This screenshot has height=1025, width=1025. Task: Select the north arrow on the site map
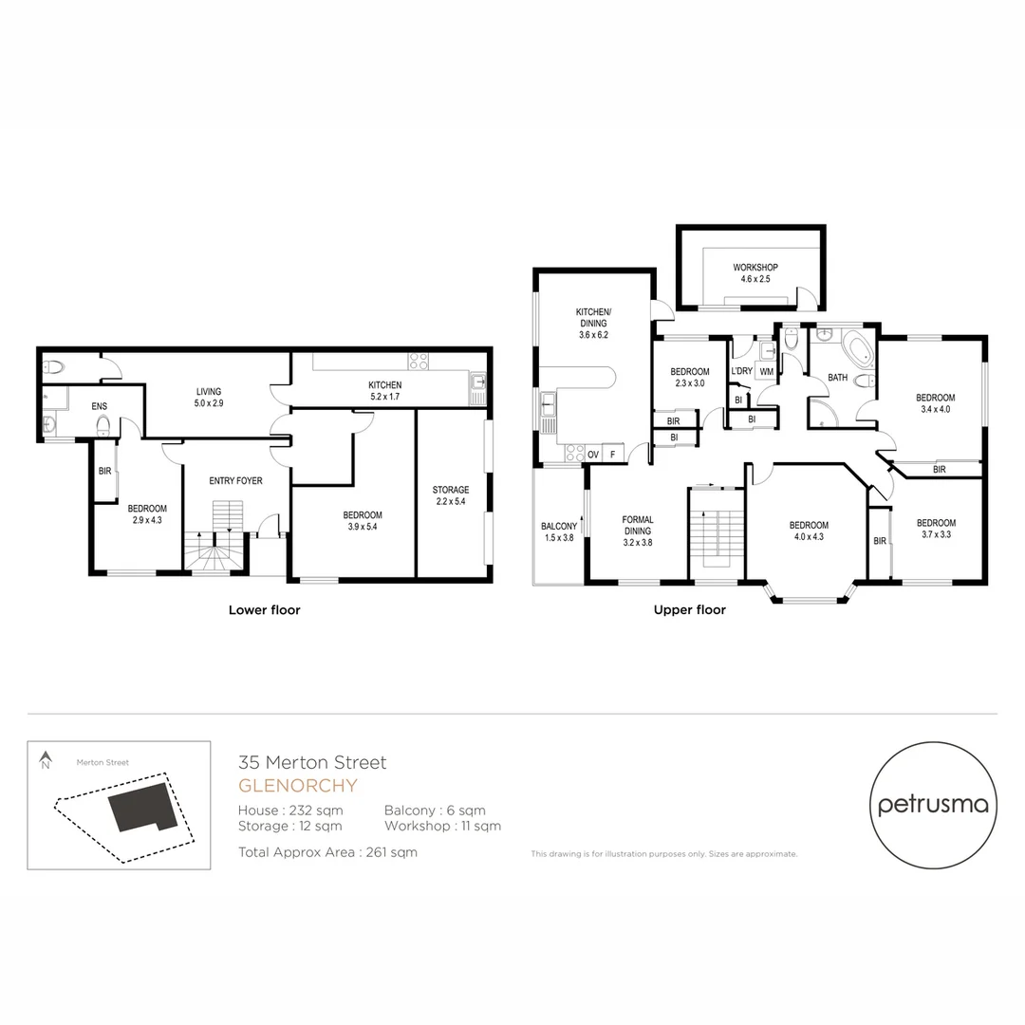click(x=44, y=760)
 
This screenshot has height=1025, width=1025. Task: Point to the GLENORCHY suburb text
click(x=298, y=786)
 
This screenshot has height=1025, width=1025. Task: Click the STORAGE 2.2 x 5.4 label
click(x=451, y=495)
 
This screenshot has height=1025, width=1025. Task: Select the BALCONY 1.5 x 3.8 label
click(x=559, y=532)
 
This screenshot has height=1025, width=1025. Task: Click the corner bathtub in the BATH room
click(x=859, y=350)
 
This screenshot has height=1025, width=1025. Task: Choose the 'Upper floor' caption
click(x=689, y=610)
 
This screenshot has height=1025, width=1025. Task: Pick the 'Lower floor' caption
click(x=264, y=610)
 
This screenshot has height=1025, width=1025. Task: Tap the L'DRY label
click(x=741, y=371)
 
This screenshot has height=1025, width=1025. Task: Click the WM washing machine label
click(x=765, y=371)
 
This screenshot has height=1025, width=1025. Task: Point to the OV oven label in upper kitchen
click(x=592, y=455)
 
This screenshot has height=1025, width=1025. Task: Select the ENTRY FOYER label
click(x=235, y=481)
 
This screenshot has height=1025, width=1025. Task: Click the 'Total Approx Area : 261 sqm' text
click(x=328, y=852)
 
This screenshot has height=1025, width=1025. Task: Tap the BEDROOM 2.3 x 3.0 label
click(x=690, y=377)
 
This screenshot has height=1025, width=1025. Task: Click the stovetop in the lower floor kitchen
click(x=419, y=362)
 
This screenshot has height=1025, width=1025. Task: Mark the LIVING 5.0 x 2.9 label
click(x=208, y=397)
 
